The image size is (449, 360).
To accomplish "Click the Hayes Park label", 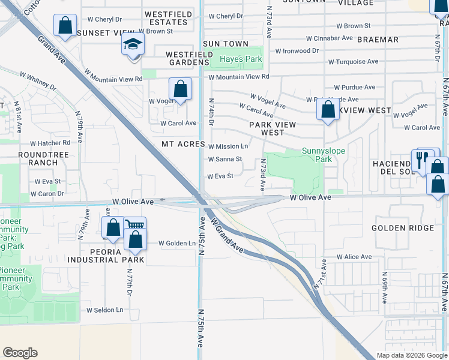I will [x=241, y=59].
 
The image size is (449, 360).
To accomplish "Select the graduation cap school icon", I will [x=133, y=44].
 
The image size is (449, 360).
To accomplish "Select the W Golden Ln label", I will [x=177, y=243].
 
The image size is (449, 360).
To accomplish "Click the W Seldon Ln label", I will [x=104, y=310].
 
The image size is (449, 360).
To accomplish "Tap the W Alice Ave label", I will [x=354, y=257].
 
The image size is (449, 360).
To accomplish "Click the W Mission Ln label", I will [x=228, y=146].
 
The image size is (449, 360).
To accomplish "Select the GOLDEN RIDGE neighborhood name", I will [x=403, y=228].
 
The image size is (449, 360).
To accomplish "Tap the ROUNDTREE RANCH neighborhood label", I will [x=38, y=158].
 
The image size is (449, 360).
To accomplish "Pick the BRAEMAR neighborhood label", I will [x=378, y=40].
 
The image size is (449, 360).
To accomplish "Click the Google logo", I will [x=20, y=353].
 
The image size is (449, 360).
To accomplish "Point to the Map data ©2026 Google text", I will [x=411, y=355].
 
